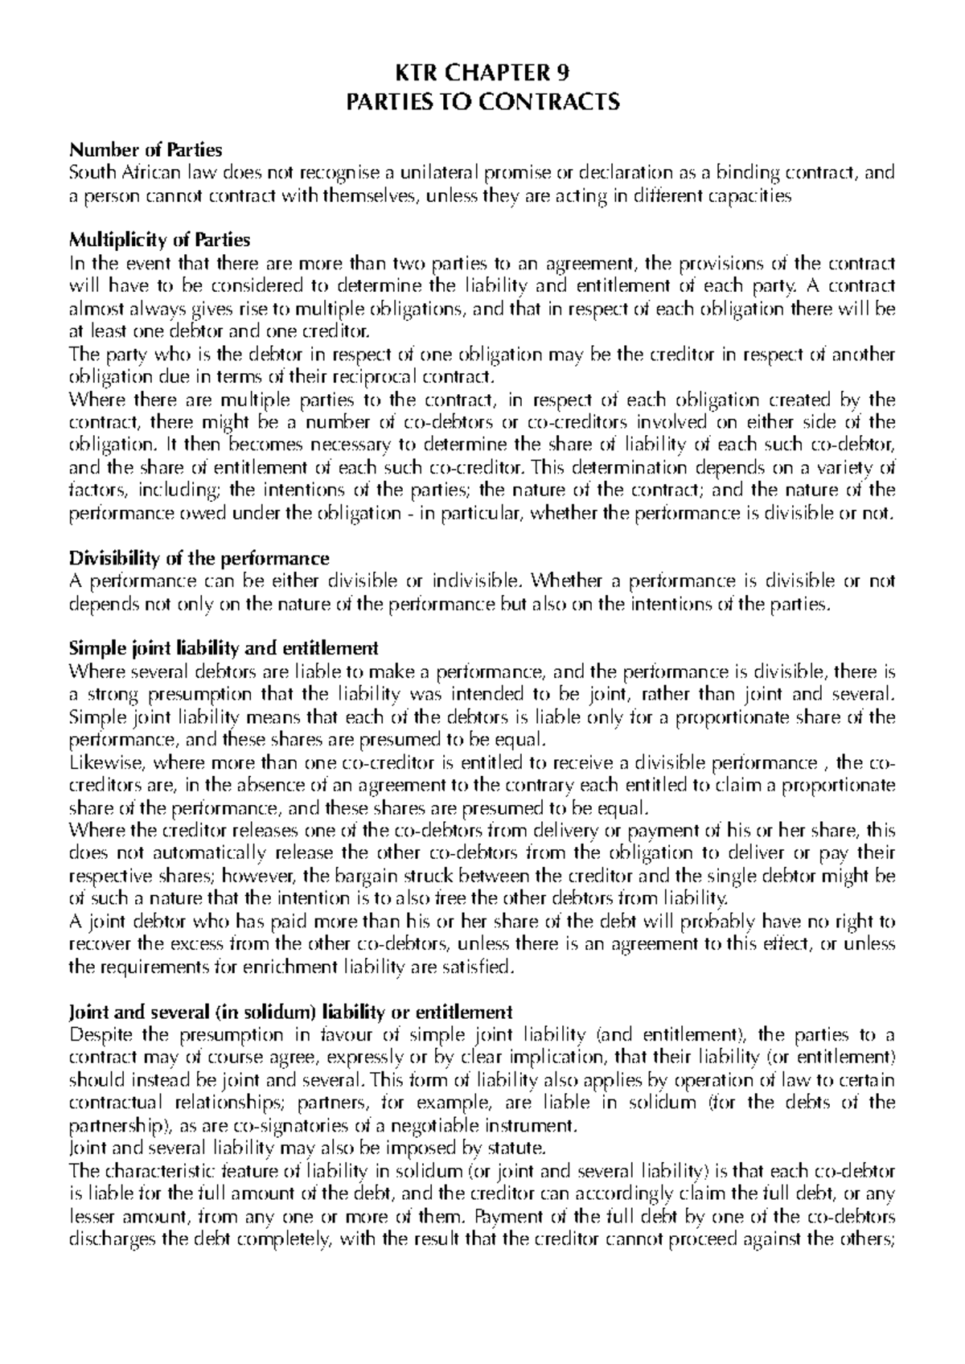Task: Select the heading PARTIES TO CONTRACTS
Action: [482, 102]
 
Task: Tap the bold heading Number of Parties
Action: [146, 150]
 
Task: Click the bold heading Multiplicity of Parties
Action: [160, 240]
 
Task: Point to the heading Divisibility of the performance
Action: [199, 557]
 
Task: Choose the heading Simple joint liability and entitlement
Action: [224, 647]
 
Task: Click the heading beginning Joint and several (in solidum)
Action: [290, 1011]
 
